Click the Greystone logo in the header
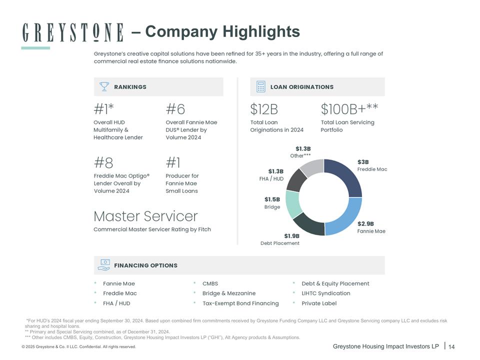coord(73,32)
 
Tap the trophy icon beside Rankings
coord(104,86)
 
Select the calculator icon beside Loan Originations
coord(260,86)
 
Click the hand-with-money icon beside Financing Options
coord(104,265)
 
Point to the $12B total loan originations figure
coord(264,108)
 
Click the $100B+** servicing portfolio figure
coord(349,108)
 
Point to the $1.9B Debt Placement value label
coord(291,236)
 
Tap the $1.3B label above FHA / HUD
coord(276,171)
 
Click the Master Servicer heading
coord(145,216)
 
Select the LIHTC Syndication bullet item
coord(325,293)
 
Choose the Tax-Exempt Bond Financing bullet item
coord(240,303)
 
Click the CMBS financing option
coord(210,283)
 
